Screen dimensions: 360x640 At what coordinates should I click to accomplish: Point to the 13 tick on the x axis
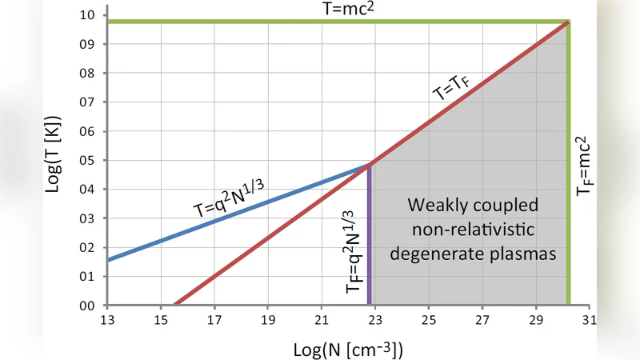[107, 320]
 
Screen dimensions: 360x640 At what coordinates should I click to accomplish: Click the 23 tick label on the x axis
[375, 320]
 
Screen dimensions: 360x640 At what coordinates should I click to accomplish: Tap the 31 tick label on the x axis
[590, 320]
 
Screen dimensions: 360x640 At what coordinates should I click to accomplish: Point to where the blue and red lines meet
[370, 164]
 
